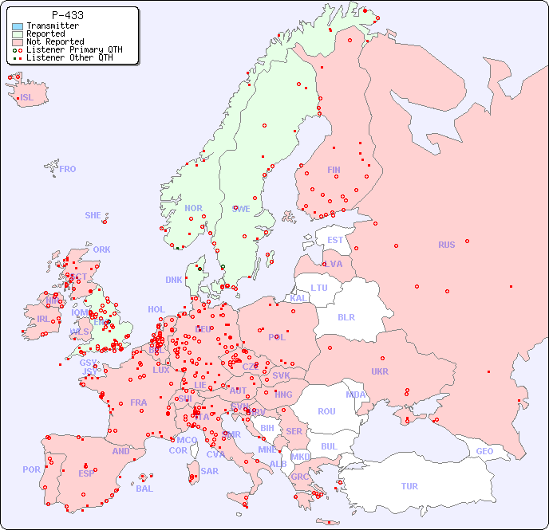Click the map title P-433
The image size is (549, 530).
67,15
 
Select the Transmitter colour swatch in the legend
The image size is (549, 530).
18,26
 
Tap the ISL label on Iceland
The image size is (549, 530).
27,98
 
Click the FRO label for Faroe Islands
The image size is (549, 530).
68,169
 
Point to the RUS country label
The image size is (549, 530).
446,245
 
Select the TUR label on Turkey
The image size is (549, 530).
409,486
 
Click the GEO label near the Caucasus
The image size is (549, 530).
484,451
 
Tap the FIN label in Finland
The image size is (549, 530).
334,170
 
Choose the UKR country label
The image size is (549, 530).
380,371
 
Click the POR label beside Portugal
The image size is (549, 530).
31,469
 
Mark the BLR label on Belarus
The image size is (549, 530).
346,316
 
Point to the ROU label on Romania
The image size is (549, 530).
326,411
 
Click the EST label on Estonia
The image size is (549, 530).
335,240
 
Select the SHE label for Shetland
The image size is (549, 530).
93,215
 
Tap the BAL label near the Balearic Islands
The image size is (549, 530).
144,489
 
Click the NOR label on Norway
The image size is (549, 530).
193,208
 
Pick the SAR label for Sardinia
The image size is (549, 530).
209,471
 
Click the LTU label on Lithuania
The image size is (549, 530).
319,288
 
